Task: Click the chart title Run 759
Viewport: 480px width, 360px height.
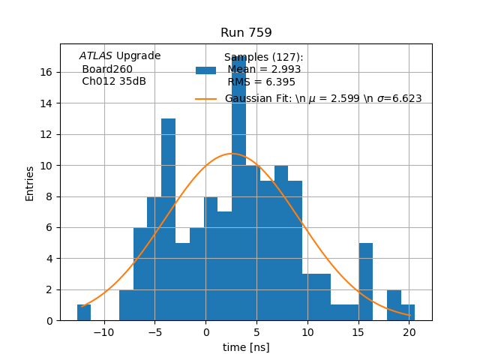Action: tap(246, 33)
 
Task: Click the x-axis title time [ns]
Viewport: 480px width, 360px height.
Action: tap(246, 347)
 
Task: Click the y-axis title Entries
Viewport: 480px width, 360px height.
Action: tap(30, 183)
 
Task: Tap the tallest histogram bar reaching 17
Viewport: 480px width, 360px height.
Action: tap(238, 187)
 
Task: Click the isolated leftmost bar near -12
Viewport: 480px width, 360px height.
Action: tap(84, 312)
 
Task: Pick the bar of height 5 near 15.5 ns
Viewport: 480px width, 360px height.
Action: tap(365, 281)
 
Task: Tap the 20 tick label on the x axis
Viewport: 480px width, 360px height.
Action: tap(409, 332)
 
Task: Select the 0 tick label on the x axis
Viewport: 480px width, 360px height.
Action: tap(205, 332)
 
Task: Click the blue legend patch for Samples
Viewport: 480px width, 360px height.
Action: tap(205, 70)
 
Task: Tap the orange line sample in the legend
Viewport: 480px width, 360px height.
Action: tap(205, 99)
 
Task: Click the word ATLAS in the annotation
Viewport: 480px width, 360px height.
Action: tap(96, 56)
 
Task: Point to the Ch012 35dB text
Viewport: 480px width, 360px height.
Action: tap(114, 81)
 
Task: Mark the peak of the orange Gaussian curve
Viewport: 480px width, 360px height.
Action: tap(232, 154)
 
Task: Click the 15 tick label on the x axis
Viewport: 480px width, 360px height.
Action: tap(358, 332)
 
